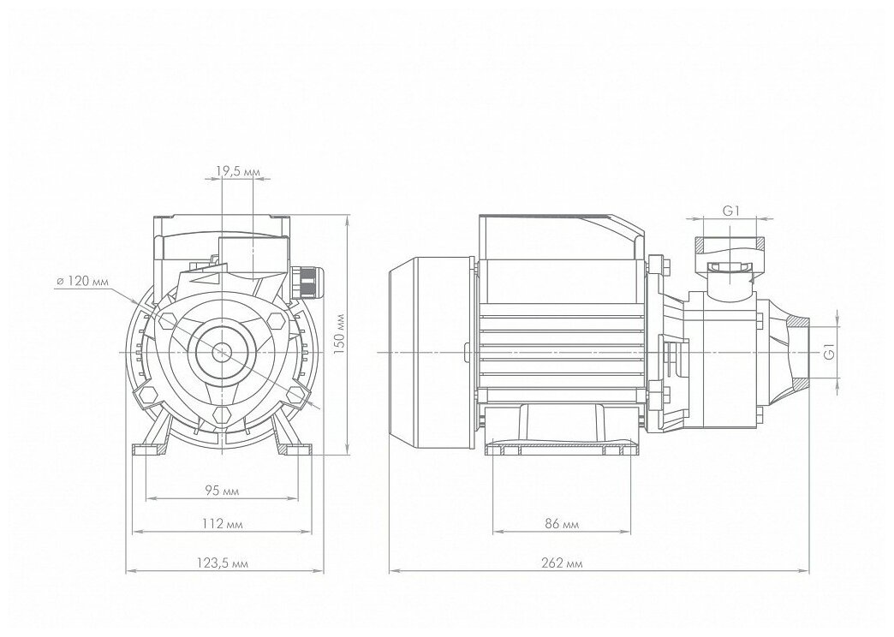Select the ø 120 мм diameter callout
(82, 281)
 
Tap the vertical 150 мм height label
(338, 336)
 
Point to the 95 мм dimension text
(222, 491)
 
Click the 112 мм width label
(222, 524)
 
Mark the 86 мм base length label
(562, 524)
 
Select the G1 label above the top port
(731, 211)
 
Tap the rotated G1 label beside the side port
(830, 351)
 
